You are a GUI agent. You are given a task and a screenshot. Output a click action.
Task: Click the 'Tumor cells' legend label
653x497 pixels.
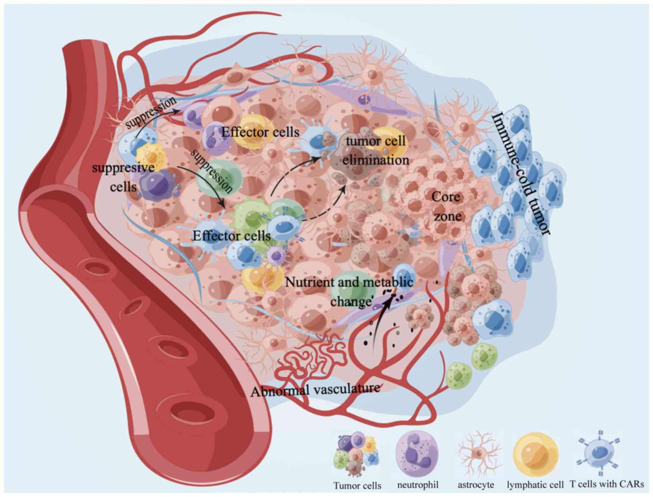coord(357,485)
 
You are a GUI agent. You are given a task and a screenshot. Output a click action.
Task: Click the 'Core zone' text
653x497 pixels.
coord(447,206)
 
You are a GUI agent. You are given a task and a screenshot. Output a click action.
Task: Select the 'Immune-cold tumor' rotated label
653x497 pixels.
coord(521,173)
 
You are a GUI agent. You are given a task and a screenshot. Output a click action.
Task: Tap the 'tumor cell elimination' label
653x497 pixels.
coord(375,150)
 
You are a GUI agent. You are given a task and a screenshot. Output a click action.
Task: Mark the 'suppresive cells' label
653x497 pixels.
coord(123,177)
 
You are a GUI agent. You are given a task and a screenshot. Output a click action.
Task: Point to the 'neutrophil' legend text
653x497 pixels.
coord(417,484)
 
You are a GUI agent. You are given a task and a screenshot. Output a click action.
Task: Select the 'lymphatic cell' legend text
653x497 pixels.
coord(535,485)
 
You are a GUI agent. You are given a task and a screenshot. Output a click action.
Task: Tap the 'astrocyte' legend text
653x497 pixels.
coord(476,484)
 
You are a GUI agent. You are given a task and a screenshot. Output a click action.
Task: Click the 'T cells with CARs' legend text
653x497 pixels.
coord(607,484)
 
